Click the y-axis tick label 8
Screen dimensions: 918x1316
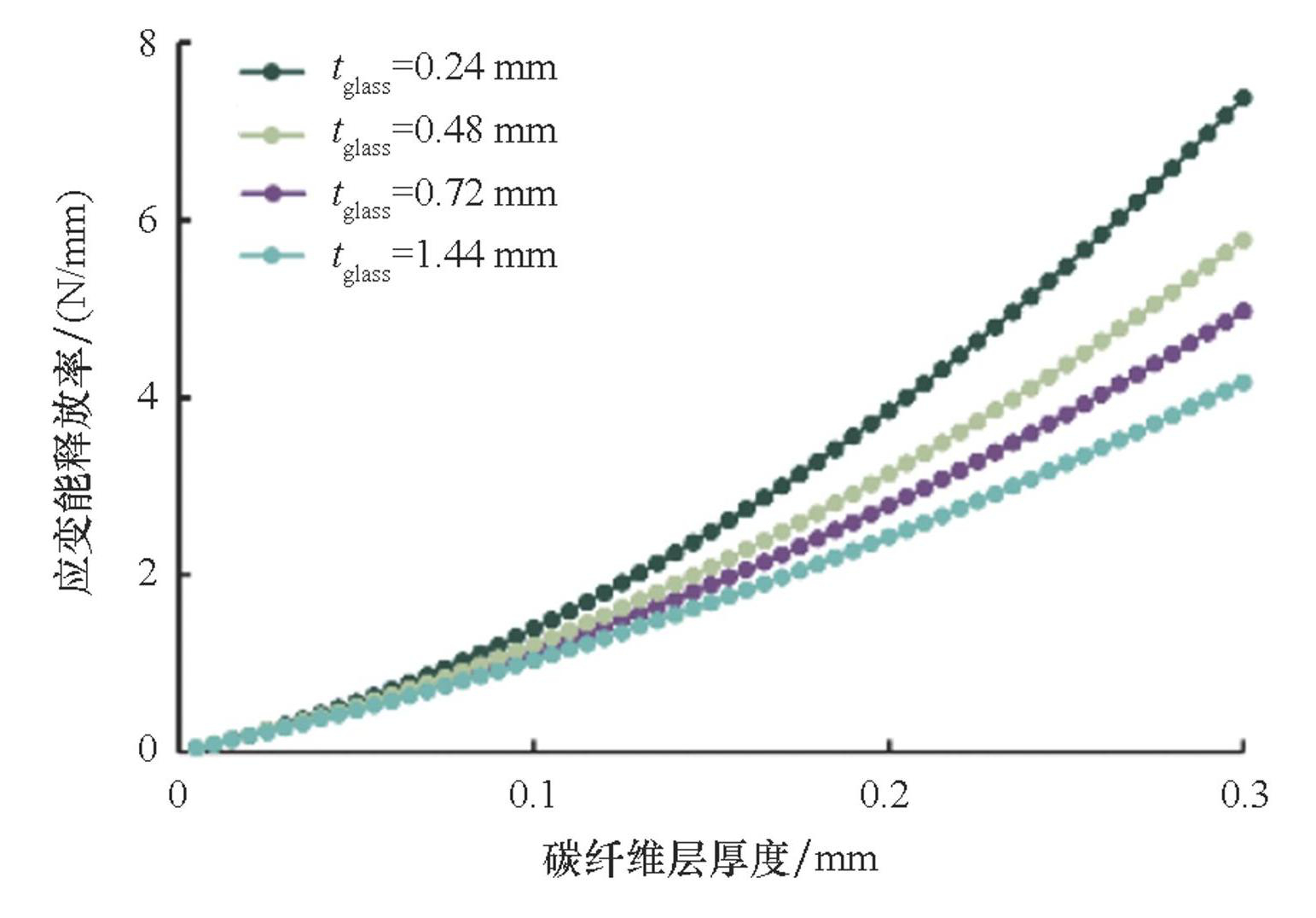click(x=148, y=43)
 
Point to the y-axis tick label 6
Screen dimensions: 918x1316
click(x=148, y=220)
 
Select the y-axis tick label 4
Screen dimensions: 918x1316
click(x=148, y=398)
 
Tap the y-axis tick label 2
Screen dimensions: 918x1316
click(x=148, y=573)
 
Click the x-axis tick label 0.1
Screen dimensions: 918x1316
click(x=532, y=795)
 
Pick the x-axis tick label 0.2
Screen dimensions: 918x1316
click(x=886, y=795)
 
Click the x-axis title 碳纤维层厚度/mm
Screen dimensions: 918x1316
click(x=710, y=857)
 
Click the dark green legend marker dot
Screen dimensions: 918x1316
click(x=272, y=72)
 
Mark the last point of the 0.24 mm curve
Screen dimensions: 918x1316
click(x=1244, y=97)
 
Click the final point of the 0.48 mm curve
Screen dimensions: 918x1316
click(x=1244, y=241)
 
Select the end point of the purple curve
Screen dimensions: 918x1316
click(x=1244, y=311)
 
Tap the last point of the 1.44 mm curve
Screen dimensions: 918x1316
click(x=1244, y=382)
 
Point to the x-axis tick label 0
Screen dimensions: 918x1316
click(x=177, y=795)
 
